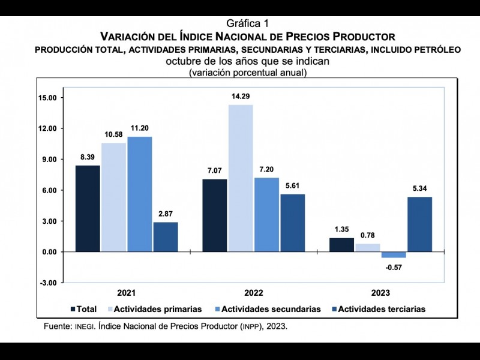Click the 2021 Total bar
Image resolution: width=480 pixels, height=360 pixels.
tap(88, 208)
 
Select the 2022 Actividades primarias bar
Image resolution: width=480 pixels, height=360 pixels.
tap(241, 178)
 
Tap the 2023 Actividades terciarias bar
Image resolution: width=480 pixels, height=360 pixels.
tap(419, 224)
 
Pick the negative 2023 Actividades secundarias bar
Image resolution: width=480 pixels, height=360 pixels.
tap(394, 255)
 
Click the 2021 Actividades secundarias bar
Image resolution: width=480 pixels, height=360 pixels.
tap(140, 194)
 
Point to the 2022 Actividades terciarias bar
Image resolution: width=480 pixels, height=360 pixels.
tap(292, 223)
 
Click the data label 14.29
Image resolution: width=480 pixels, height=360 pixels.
tap(241, 96)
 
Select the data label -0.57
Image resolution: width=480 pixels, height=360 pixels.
tap(394, 266)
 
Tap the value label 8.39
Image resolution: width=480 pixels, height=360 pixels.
tap(88, 157)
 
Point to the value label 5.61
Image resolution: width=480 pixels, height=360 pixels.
tap(292, 185)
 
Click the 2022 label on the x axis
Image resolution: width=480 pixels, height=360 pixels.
tap(253, 293)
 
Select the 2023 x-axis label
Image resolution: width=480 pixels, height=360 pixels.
tap(380, 293)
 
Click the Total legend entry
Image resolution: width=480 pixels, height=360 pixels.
tap(83, 309)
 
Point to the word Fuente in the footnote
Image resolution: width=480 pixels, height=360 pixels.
tap(58, 327)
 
